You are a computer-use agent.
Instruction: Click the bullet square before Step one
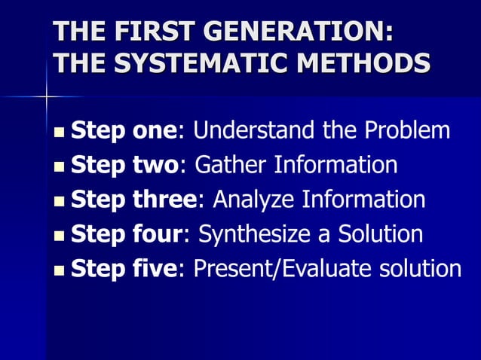(x=60, y=133)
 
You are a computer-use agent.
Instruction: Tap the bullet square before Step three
(x=60, y=202)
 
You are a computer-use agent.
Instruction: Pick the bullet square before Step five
(x=60, y=270)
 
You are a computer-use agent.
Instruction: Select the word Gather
(x=230, y=165)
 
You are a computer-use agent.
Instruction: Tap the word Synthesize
(x=253, y=233)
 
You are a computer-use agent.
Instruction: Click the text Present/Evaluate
(x=283, y=268)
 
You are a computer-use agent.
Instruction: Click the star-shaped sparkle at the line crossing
(x=47, y=96)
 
